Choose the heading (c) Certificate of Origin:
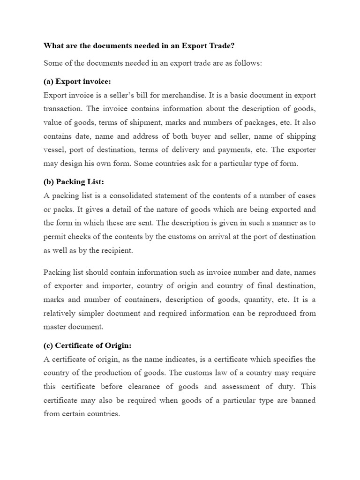click(x=88, y=345)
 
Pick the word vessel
click(x=53, y=150)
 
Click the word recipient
click(x=115, y=250)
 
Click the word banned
click(x=303, y=400)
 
